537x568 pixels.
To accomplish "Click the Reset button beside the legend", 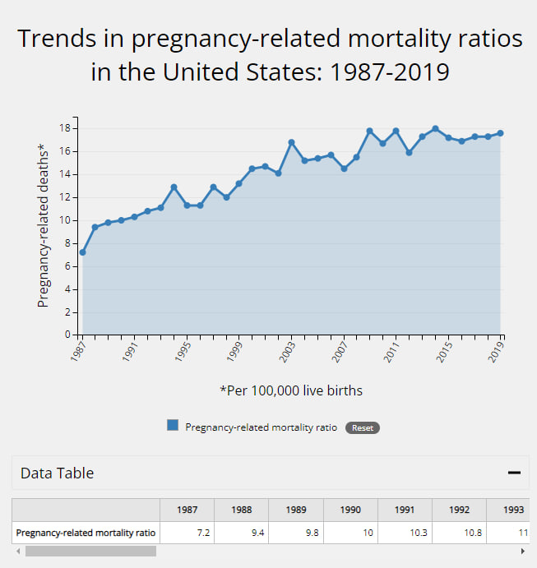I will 363,427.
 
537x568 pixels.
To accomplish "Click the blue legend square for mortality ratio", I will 173,426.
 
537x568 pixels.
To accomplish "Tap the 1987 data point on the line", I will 82,252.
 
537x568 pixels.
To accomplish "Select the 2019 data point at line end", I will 500,133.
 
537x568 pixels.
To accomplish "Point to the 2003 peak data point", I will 291,142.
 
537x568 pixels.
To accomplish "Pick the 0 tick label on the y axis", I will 68,335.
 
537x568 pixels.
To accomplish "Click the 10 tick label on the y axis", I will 65,220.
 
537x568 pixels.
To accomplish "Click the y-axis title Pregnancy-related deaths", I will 43,225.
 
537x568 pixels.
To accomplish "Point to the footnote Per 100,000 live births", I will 291,390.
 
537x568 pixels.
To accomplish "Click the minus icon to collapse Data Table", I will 515,473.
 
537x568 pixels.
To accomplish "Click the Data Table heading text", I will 57,473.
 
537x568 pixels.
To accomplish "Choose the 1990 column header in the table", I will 350,510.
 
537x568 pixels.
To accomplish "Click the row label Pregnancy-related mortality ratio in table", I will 86,533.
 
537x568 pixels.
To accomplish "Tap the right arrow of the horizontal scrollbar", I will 522,551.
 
